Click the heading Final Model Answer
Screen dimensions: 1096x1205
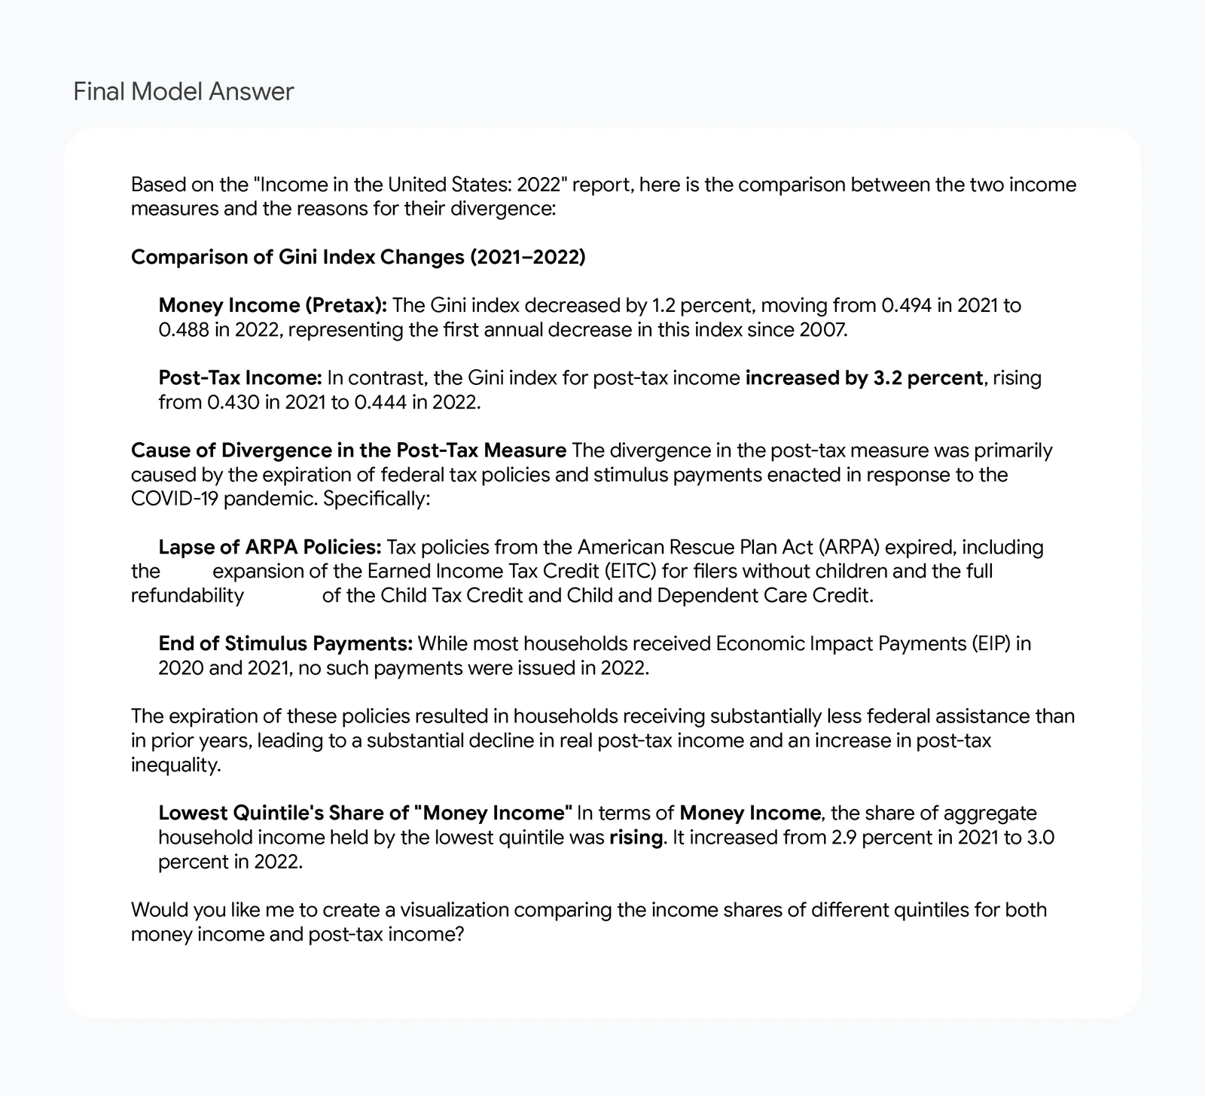183,92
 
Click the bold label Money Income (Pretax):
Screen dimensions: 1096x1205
273,305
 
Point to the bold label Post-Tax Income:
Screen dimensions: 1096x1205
240,377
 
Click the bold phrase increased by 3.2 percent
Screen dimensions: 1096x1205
864,377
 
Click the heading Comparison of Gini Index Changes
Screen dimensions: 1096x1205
358,257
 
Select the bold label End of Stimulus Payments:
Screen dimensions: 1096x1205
285,643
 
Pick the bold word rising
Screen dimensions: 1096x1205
636,837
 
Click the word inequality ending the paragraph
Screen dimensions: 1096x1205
175,765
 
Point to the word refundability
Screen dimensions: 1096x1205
188,595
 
